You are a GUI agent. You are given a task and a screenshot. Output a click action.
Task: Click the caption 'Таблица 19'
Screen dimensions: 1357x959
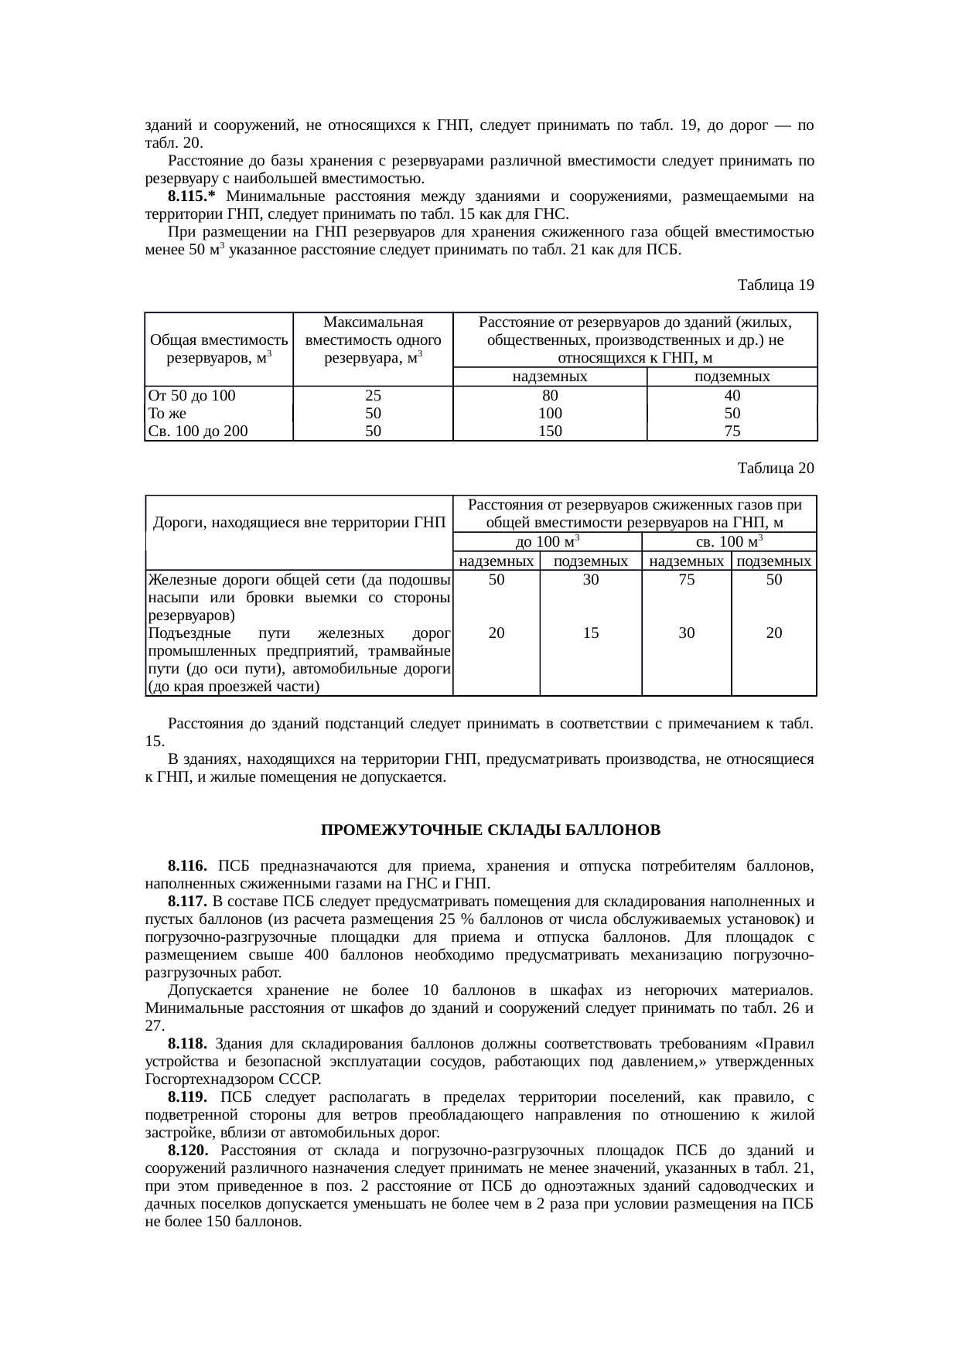point(776,285)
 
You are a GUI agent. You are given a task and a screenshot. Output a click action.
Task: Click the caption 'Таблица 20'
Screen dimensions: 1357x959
point(776,469)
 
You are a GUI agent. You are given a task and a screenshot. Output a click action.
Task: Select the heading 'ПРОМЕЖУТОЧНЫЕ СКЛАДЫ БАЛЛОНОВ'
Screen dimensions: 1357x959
point(490,830)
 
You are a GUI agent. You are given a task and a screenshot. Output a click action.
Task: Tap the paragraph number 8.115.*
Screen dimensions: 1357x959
point(194,196)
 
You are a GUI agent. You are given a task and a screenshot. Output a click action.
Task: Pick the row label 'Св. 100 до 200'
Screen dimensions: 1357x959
point(198,431)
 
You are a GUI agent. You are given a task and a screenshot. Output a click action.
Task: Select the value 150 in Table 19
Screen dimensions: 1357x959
point(550,431)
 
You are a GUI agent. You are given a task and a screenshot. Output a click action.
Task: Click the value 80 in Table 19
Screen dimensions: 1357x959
point(550,395)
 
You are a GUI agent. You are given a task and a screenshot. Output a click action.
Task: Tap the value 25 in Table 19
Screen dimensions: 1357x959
point(373,395)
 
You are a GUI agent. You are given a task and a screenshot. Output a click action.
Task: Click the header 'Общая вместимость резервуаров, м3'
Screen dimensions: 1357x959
point(219,349)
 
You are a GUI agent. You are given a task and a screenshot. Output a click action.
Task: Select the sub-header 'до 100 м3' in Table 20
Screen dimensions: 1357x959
point(548,541)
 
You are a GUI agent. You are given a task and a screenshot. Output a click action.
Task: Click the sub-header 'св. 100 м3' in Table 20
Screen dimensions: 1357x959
point(729,541)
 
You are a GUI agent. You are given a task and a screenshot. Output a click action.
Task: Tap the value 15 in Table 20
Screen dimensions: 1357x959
point(591,632)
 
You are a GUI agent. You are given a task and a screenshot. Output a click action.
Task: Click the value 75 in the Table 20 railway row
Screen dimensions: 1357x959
point(686,580)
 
